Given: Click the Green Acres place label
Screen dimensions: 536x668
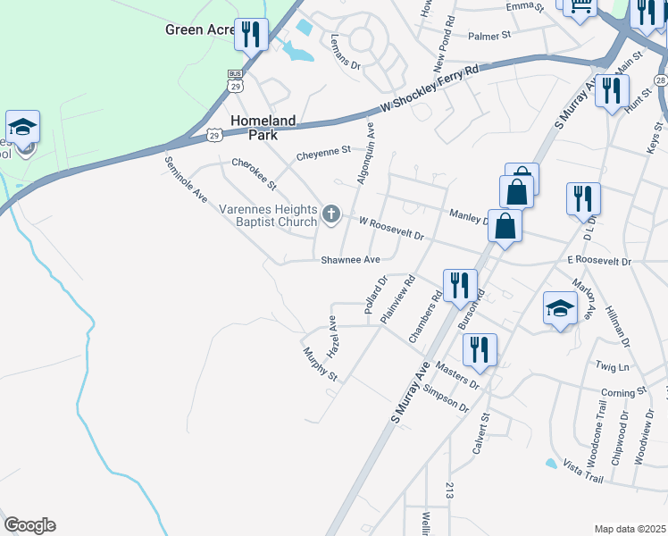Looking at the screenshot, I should (x=198, y=29).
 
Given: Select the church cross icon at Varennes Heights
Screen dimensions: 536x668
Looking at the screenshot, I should (x=331, y=214).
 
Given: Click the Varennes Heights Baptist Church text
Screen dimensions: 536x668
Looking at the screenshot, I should (x=268, y=215).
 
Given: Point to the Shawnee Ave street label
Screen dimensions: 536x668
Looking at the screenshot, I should (x=351, y=260).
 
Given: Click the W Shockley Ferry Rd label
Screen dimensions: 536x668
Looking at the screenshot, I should (x=429, y=88).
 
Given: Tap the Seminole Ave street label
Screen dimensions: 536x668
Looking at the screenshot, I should (x=186, y=179).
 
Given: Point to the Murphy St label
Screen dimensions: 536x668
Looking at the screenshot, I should (x=320, y=364).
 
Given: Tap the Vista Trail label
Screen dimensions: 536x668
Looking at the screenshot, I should (x=583, y=473).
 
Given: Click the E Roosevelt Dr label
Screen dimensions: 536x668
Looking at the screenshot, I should (x=598, y=262).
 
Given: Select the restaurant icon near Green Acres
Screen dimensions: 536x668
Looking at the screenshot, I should (x=250, y=35).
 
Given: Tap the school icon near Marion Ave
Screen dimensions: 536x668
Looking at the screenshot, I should (x=559, y=309).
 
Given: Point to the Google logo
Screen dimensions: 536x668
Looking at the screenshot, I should (x=29, y=525).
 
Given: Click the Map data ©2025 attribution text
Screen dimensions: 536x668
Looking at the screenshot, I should (x=629, y=529).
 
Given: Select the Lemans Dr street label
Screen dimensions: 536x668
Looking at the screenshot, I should (x=344, y=53).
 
